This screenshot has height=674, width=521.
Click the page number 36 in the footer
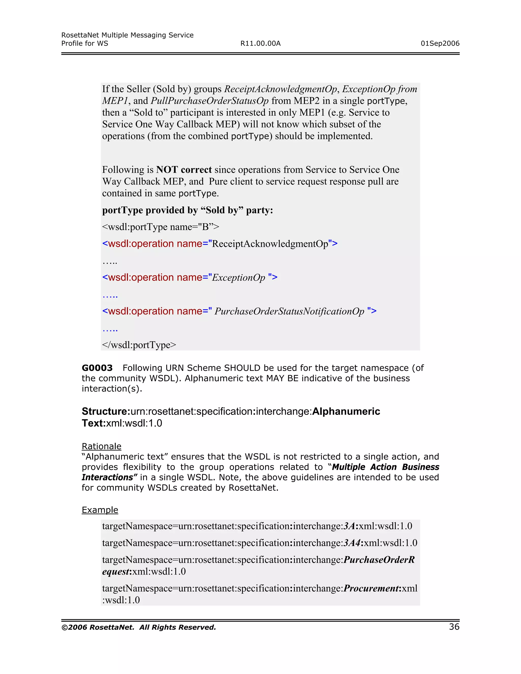(x=454, y=627)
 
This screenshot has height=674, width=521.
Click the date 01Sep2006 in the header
(x=440, y=43)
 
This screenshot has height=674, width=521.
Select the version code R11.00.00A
(x=260, y=43)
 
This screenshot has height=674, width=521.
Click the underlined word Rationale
(x=101, y=446)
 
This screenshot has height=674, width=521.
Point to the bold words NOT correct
(x=184, y=170)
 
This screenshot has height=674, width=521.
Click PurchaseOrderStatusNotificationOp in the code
(x=289, y=311)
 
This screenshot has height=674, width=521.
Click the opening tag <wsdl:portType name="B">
(x=160, y=227)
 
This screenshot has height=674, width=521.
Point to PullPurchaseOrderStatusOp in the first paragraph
(x=210, y=101)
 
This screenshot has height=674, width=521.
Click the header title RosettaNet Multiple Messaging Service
(x=127, y=35)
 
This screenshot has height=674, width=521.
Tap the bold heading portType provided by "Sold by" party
(x=187, y=210)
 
